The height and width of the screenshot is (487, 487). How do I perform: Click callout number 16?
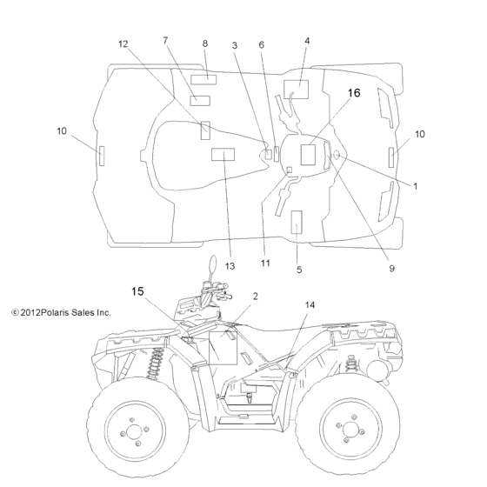click(354, 93)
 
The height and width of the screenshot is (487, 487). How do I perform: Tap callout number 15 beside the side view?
click(137, 291)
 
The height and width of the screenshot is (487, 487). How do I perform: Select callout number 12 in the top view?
click(123, 44)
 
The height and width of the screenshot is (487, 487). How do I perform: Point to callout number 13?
click(230, 266)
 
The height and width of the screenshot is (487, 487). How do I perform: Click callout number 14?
click(310, 305)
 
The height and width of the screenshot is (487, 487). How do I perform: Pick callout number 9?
click(391, 269)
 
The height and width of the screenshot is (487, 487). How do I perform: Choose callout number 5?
click(299, 270)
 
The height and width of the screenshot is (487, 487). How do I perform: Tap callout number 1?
click(416, 186)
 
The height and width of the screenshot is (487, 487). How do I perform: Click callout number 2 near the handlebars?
click(255, 297)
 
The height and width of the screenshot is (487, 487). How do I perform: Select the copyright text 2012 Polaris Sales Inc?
click(61, 312)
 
